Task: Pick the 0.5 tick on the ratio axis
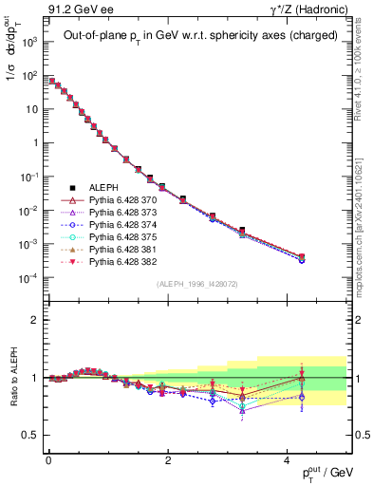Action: click(32, 435)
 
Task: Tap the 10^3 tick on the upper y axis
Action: click(28, 43)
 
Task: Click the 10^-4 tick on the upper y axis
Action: click(28, 278)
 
